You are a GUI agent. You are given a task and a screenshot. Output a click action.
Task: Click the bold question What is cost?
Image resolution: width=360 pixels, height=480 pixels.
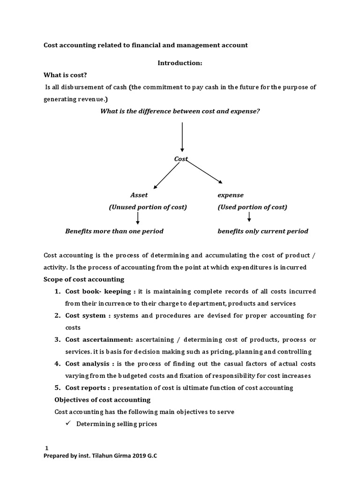[65, 75]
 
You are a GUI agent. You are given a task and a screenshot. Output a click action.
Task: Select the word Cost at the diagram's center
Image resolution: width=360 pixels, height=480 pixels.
[180, 159]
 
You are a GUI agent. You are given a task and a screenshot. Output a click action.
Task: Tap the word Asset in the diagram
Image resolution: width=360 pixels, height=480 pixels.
[139, 195]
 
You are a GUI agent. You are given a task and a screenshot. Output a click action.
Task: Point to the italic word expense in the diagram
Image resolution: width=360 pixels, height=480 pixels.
[231, 195]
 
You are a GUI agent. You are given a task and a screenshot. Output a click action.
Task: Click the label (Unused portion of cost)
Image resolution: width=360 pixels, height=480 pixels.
[148, 207]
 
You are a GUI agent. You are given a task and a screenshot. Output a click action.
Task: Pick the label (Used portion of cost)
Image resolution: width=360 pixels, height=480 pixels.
[252, 207]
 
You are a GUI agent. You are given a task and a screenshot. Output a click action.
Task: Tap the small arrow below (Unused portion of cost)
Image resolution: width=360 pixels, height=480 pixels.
[138, 218]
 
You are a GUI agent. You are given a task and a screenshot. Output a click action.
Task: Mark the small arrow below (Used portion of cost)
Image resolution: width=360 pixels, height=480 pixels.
[249, 217]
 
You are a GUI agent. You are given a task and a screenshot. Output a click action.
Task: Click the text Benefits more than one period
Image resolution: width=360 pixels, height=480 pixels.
[114, 231]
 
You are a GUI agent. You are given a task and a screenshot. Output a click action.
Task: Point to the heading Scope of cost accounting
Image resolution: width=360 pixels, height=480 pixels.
[84, 279]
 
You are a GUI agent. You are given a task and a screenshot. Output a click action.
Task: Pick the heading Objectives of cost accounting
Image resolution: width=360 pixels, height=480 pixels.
[103, 400]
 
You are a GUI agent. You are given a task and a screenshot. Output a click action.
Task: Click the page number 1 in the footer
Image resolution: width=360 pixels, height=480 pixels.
[46, 448]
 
